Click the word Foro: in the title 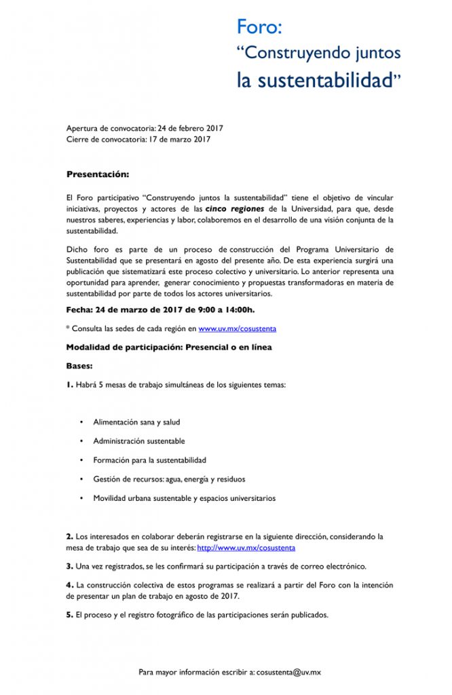pos(259,27)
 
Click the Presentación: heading pos(97,174)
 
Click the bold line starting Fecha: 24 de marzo pos(160,310)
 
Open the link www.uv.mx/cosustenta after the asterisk pos(237,328)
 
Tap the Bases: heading pos(79,365)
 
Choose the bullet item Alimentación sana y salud pos(136,422)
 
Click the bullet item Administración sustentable pos(138,441)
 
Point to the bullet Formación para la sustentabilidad pos(149,460)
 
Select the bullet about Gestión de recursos pos(169,479)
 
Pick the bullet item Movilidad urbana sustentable pos(184,498)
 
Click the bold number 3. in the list pos(69,565)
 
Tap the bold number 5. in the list pos(69,615)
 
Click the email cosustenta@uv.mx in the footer pos(289,672)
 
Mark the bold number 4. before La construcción pos(69,584)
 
